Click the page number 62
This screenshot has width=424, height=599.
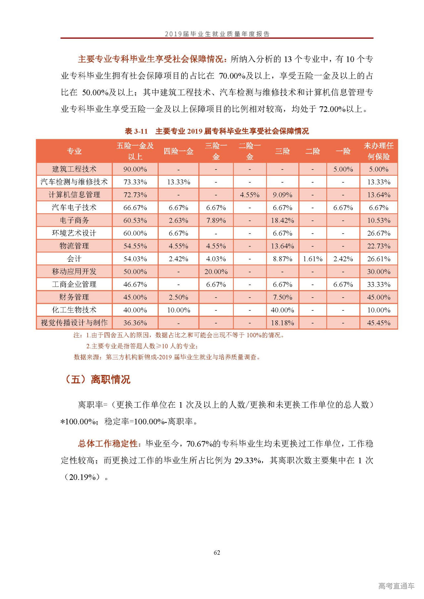coord(217,552)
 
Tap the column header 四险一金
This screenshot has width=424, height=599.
coord(178,151)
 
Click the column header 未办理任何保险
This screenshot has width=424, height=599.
coord(378,151)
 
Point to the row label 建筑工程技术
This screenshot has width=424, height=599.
coord(74,169)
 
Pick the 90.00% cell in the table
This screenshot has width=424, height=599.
coord(135,169)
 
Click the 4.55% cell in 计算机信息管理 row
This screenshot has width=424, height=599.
coord(249,195)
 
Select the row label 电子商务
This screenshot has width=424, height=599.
coord(74,220)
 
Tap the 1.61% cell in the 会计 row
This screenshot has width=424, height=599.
coord(312,259)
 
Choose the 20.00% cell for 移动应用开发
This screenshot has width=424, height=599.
coord(216,272)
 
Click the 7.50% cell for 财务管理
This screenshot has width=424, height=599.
coord(282,297)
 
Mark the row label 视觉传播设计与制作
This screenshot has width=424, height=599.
coord(74,323)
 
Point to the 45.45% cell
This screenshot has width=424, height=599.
coord(378,323)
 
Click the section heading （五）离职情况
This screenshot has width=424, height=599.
coord(98,379)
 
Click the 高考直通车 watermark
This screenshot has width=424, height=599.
coord(396,586)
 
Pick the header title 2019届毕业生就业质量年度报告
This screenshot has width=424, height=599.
coord(217,34)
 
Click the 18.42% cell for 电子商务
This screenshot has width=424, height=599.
coord(282,220)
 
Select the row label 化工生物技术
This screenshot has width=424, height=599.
coord(74,310)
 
